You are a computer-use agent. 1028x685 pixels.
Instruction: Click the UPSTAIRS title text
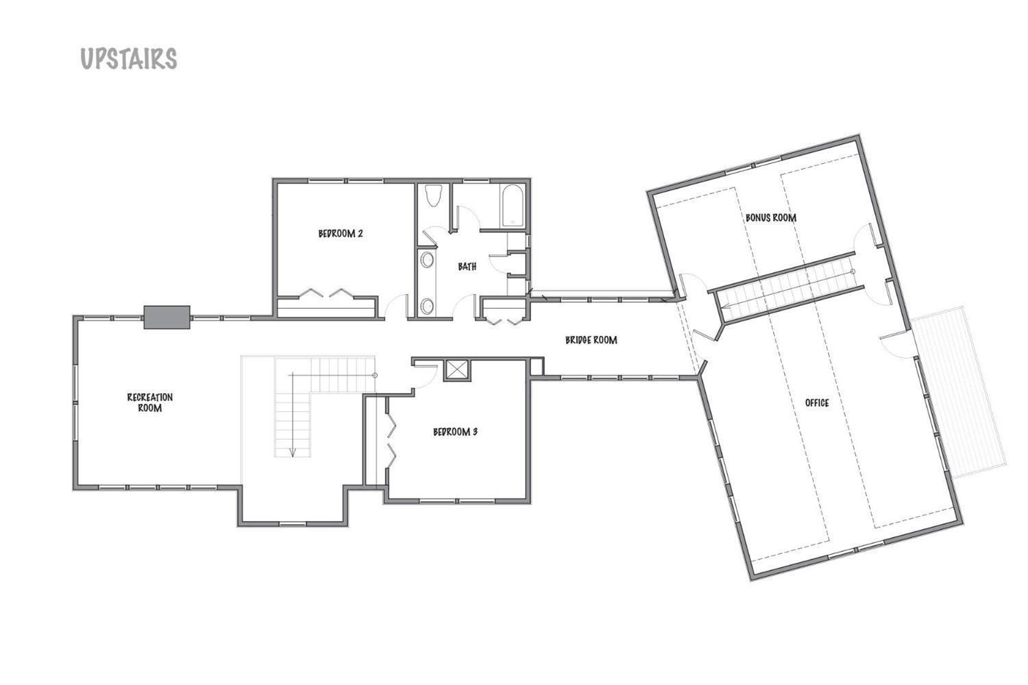[x=129, y=59]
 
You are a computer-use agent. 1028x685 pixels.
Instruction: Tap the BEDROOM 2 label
[x=341, y=233]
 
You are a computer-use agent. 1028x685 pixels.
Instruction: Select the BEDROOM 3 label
[x=455, y=432]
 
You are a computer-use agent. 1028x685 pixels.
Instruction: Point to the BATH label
[x=467, y=266]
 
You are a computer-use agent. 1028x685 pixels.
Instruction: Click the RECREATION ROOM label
[x=150, y=402]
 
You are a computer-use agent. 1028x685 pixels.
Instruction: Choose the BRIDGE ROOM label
[x=591, y=339]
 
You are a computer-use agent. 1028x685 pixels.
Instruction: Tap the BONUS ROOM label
[x=771, y=217]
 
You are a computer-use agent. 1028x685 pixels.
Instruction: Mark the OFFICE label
[x=817, y=402]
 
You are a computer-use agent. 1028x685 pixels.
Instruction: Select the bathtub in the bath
[x=512, y=204]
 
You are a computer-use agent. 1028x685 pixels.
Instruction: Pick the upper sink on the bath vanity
[x=428, y=261]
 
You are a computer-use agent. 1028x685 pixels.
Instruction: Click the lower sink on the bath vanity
[x=428, y=306]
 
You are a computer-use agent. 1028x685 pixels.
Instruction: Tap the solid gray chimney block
[x=167, y=317]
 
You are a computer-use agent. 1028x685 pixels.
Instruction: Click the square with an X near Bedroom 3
[x=456, y=370]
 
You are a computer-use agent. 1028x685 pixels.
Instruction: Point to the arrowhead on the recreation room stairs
[x=293, y=452]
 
